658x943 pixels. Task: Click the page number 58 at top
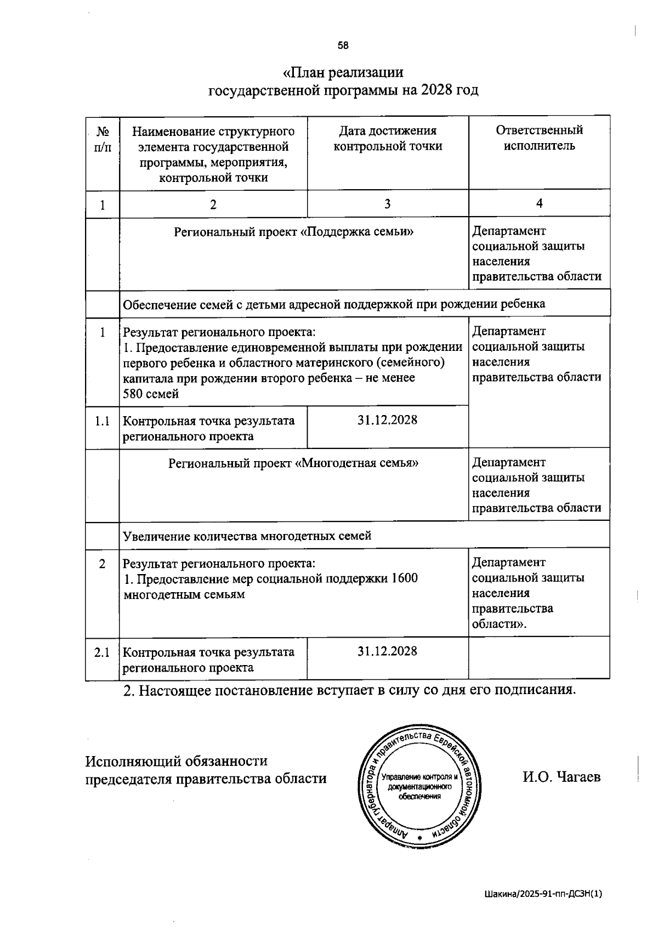tap(343, 46)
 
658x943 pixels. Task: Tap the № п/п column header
tap(102, 139)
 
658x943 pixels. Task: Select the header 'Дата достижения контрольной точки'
tap(388, 138)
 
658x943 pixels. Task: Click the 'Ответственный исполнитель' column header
tap(539, 138)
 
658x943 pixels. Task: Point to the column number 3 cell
tap(387, 203)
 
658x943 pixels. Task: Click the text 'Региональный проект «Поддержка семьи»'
tap(294, 232)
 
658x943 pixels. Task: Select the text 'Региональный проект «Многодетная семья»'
tap(293, 463)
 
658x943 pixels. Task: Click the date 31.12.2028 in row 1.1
tap(387, 420)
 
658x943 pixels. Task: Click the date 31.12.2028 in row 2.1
tap(387, 651)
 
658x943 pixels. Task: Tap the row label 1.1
tap(102, 421)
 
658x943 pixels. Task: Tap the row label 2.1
tap(102, 652)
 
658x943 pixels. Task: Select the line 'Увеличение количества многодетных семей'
tap(247, 536)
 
